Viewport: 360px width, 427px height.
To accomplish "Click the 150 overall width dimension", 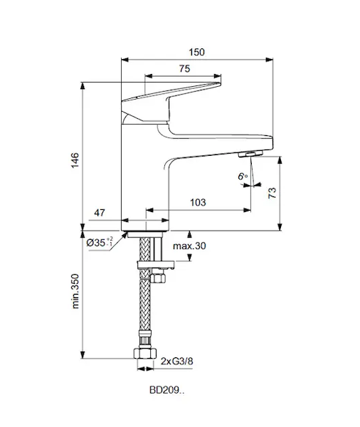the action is (196, 52).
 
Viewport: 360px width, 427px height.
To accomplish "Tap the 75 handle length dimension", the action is (184, 68).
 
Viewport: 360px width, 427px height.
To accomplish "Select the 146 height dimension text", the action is (75, 160).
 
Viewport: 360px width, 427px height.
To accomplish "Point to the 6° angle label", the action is (243, 176).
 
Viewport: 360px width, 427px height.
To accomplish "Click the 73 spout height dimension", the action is (272, 193).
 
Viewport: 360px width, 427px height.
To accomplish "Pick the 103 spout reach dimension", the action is (198, 202).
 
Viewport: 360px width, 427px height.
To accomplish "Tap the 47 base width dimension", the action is (100, 213).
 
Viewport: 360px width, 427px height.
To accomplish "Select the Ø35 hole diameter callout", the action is (100, 242).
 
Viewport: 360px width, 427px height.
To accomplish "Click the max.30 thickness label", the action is (189, 246).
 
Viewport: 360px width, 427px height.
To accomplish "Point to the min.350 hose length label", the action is (75, 291).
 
